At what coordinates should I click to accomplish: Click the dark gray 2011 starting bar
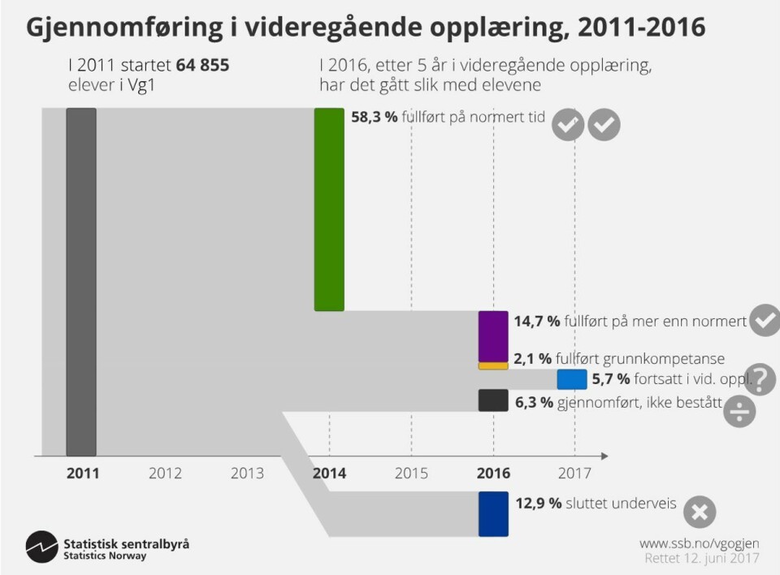81,282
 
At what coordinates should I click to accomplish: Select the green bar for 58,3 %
329,210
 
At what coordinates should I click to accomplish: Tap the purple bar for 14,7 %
493,336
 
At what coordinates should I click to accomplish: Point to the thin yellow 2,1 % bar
493,366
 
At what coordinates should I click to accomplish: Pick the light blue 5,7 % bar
572,379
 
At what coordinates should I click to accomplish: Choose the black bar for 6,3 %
493,400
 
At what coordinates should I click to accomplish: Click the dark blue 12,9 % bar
493,513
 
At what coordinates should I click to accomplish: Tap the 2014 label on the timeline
330,473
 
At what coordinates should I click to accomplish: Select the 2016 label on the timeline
493,473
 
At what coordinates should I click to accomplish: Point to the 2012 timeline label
165,473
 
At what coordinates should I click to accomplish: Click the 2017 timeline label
574,473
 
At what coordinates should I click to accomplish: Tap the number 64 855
202,65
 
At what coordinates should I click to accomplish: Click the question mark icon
760,378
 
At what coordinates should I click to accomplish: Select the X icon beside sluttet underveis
700,512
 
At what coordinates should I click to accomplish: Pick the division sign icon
740,411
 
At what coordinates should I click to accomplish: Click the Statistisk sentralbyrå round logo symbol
41,547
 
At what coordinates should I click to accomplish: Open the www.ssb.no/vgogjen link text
699,542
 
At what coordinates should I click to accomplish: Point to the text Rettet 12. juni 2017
701,558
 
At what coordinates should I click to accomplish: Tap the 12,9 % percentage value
539,504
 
